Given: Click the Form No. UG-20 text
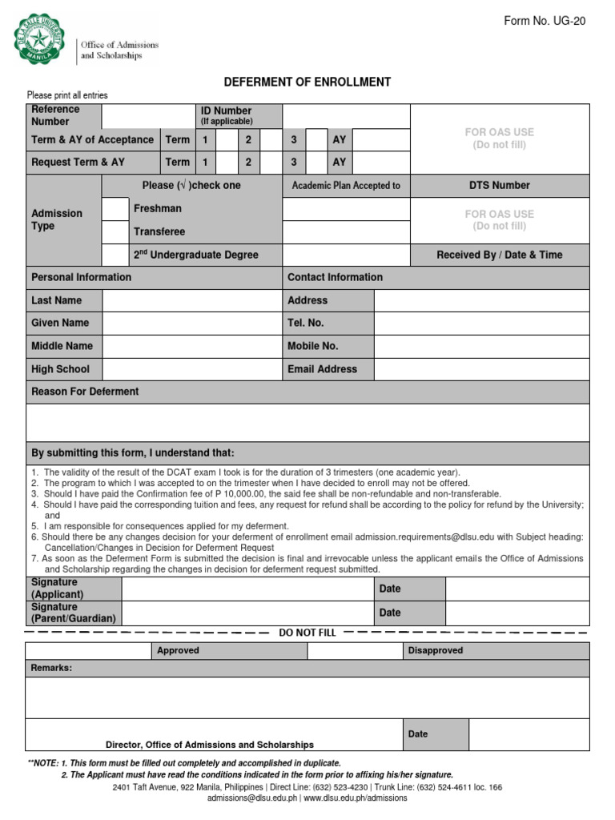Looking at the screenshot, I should pyautogui.click(x=545, y=21).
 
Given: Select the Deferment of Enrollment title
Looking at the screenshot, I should pyautogui.click(x=307, y=82).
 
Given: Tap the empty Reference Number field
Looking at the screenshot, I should pyautogui.click(x=147, y=115).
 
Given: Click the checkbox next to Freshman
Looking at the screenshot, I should pyautogui.click(x=115, y=209).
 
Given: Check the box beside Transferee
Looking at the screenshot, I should pyautogui.click(x=115, y=232).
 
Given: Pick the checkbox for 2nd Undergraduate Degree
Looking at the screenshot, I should pyautogui.click(x=115, y=255).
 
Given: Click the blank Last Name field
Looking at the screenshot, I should pyautogui.click(x=191, y=300).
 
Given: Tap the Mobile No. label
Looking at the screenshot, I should pyautogui.click(x=313, y=346).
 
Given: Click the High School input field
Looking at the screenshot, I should pyautogui.click(x=191, y=369).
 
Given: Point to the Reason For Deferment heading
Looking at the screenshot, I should pyautogui.click(x=85, y=392).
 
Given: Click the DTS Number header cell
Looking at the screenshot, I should pyautogui.click(x=500, y=185).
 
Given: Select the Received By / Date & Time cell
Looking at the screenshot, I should pyautogui.click(x=500, y=255).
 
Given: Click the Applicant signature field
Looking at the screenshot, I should pyautogui.click(x=247, y=589).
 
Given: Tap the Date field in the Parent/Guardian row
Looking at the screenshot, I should pyautogui.click(x=517, y=613).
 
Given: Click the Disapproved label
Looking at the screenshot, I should pyautogui.click(x=436, y=650).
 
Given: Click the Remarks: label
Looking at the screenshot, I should pyautogui.click(x=51, y=668).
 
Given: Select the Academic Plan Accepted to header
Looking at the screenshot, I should pyautogui.click(x=346, y=186).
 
